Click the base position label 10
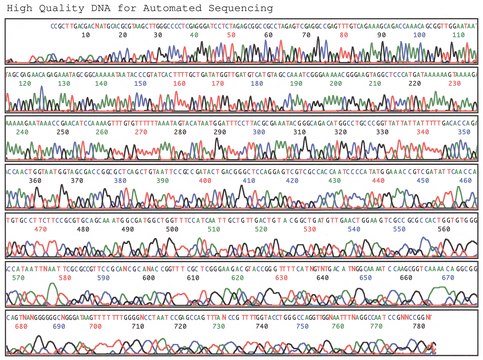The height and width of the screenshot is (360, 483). [x=87, y=33]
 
